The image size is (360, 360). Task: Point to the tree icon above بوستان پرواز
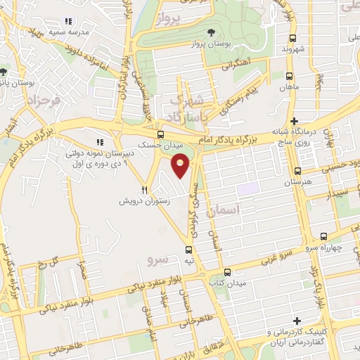[212, 32]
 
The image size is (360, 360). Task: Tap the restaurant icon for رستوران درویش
[145, 189]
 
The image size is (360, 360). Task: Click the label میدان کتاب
[226, 283]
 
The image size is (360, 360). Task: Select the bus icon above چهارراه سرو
[323, 236]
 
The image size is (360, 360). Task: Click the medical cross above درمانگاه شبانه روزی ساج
[295, 121]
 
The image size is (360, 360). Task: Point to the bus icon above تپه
[188, 250]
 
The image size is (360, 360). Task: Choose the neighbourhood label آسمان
[245, 210]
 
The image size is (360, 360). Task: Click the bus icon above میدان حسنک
[160, 135]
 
